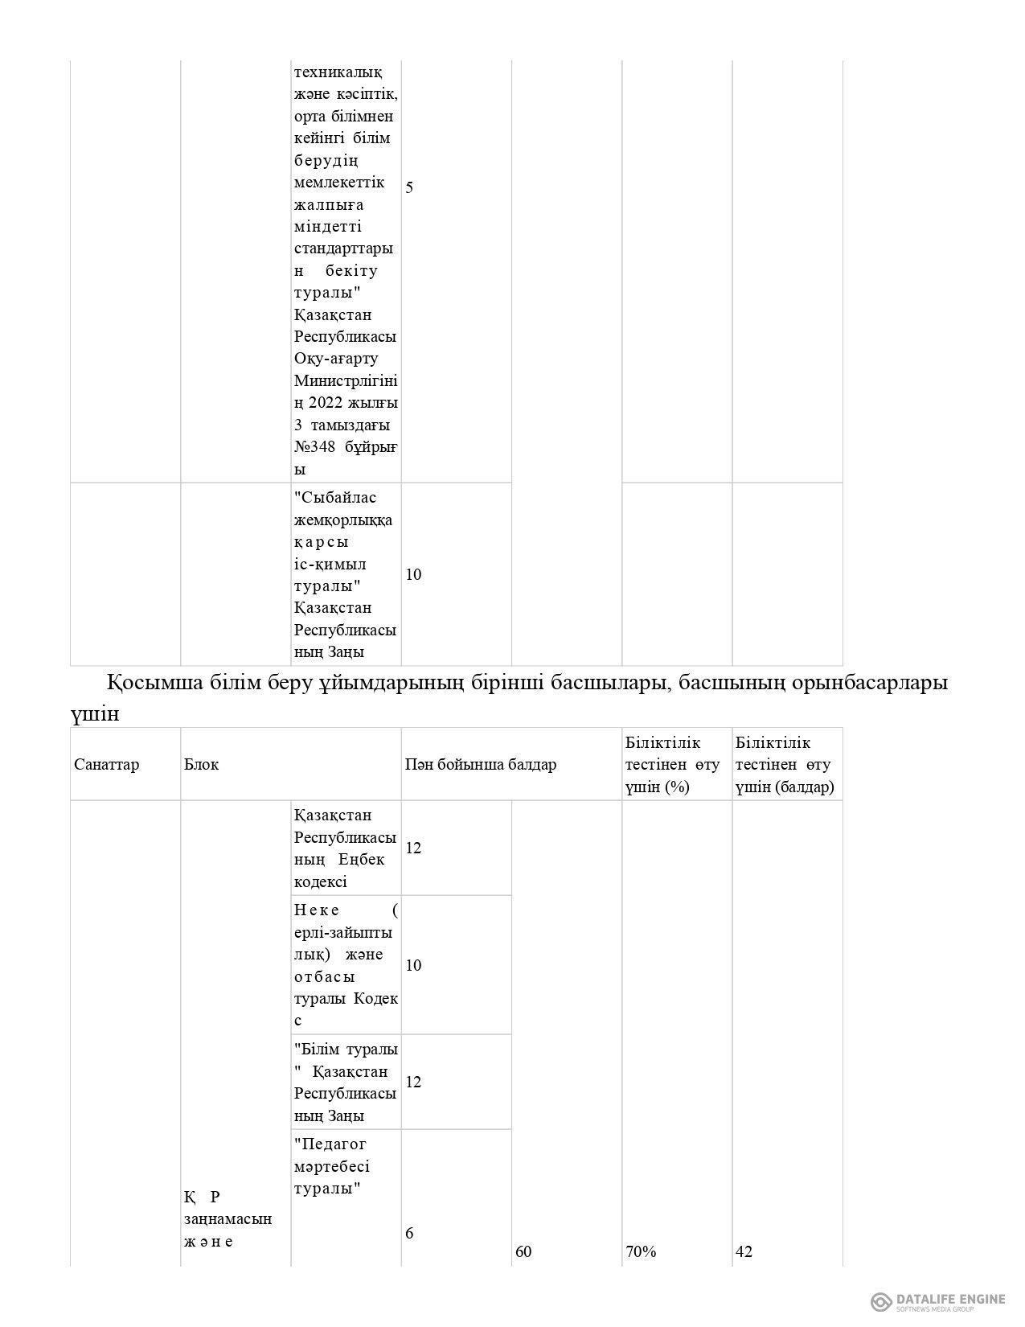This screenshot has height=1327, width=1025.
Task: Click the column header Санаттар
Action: [106, 764]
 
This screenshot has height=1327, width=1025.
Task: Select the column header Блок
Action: [201, 764]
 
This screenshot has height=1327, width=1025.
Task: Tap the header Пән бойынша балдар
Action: [480, 764]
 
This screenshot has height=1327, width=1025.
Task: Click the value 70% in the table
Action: [641, 1251]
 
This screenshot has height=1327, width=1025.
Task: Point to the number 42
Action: [744, 1251]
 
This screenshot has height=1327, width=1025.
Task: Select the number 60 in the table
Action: [523, 1251]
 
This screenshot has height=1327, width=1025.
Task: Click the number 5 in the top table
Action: [409, 187]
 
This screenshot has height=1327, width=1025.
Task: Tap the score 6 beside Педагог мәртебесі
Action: [409, 1233]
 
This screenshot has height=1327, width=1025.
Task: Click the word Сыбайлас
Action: [335, 497]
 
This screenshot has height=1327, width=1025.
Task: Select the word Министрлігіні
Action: [346, 380]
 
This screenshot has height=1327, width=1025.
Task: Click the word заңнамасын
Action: [228, 1219]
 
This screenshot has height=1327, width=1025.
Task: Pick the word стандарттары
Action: [344, 248]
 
